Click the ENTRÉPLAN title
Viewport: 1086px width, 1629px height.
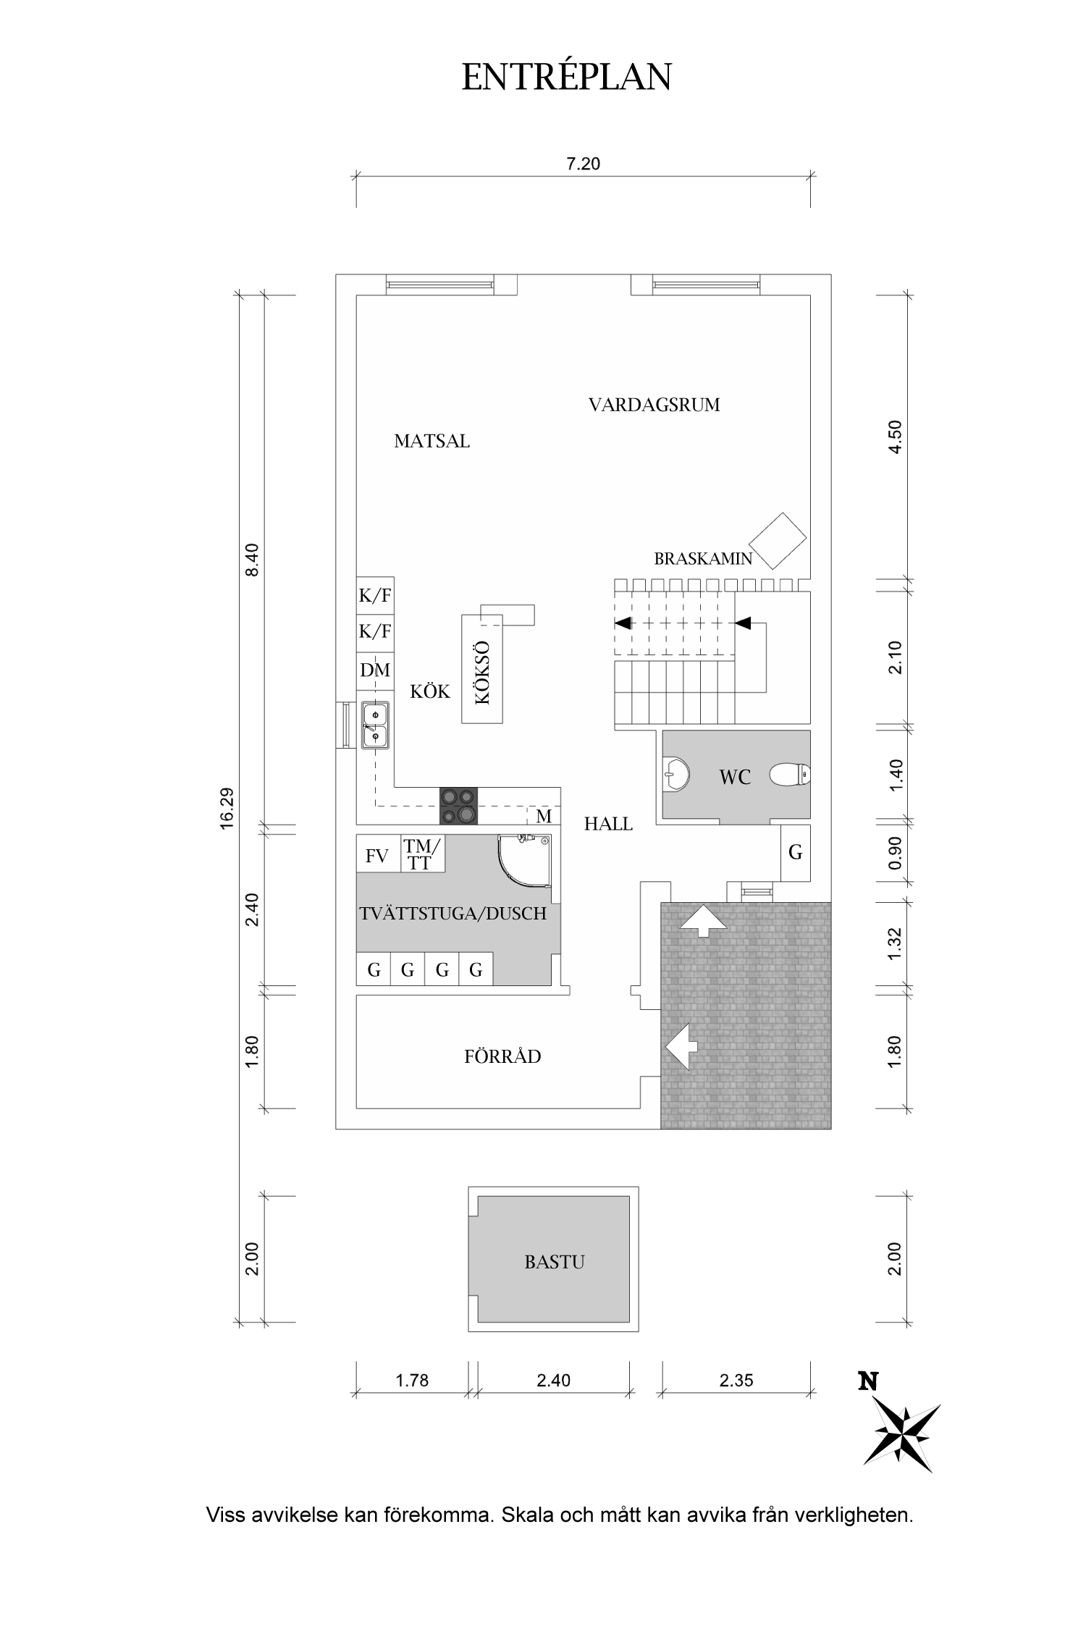pos(567,76)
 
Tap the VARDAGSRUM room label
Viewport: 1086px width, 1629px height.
pos(654,405)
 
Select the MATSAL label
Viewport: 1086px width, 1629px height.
pos(432,441)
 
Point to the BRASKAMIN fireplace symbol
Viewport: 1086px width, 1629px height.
pos(778,541)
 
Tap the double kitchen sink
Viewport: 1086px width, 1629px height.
pos(375,725)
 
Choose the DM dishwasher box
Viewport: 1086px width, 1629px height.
pos(375,670)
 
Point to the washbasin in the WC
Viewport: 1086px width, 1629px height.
pos(673,775)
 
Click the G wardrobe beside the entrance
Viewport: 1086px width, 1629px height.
pos(796,852)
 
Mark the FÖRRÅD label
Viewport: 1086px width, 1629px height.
pos(502,1056)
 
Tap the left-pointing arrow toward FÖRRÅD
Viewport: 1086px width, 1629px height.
pos(681,1045)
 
